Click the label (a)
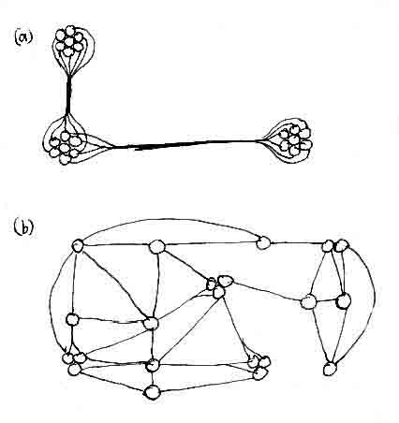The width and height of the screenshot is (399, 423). tap(23, 37)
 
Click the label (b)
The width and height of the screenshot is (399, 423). tap(23, 228)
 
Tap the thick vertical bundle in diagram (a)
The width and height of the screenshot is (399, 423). tap(68, 95)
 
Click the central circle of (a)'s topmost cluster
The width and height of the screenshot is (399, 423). tap(68, 41)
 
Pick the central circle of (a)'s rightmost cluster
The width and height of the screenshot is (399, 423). tap(293, 139)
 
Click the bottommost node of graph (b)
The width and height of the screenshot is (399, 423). tap(153, 392)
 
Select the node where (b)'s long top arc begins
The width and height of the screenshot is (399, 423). tap(78, 246)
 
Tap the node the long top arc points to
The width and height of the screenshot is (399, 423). tap(263, 242)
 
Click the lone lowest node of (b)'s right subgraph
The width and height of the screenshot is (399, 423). tap(330, 369)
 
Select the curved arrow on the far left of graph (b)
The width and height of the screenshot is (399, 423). tap(51, 299)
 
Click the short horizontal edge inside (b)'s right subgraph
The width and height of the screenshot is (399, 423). tap(326, 301)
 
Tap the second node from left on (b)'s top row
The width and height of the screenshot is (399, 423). tap(156, 247)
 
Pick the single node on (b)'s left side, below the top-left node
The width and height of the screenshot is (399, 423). tap(72, 319)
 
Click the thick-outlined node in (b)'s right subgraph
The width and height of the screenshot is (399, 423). tap(344, 301)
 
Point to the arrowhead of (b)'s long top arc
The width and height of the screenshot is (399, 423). tap(258, 238)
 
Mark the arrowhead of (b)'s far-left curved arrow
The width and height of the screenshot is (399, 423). tap(66, 351)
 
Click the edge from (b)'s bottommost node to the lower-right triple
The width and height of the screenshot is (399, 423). tap(207, 385)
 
